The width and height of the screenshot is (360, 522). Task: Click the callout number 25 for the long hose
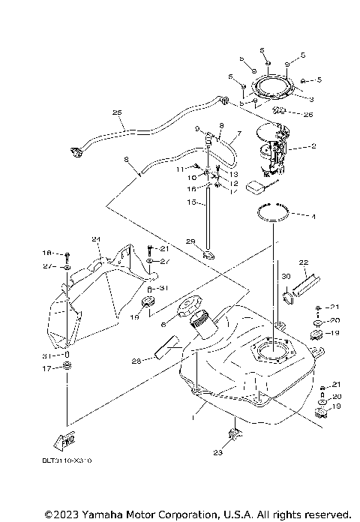(116, 113)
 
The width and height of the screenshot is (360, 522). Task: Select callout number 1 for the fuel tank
(196, 412)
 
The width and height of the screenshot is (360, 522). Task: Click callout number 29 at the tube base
(190, 241)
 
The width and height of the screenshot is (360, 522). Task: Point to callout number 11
(180, 170)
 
